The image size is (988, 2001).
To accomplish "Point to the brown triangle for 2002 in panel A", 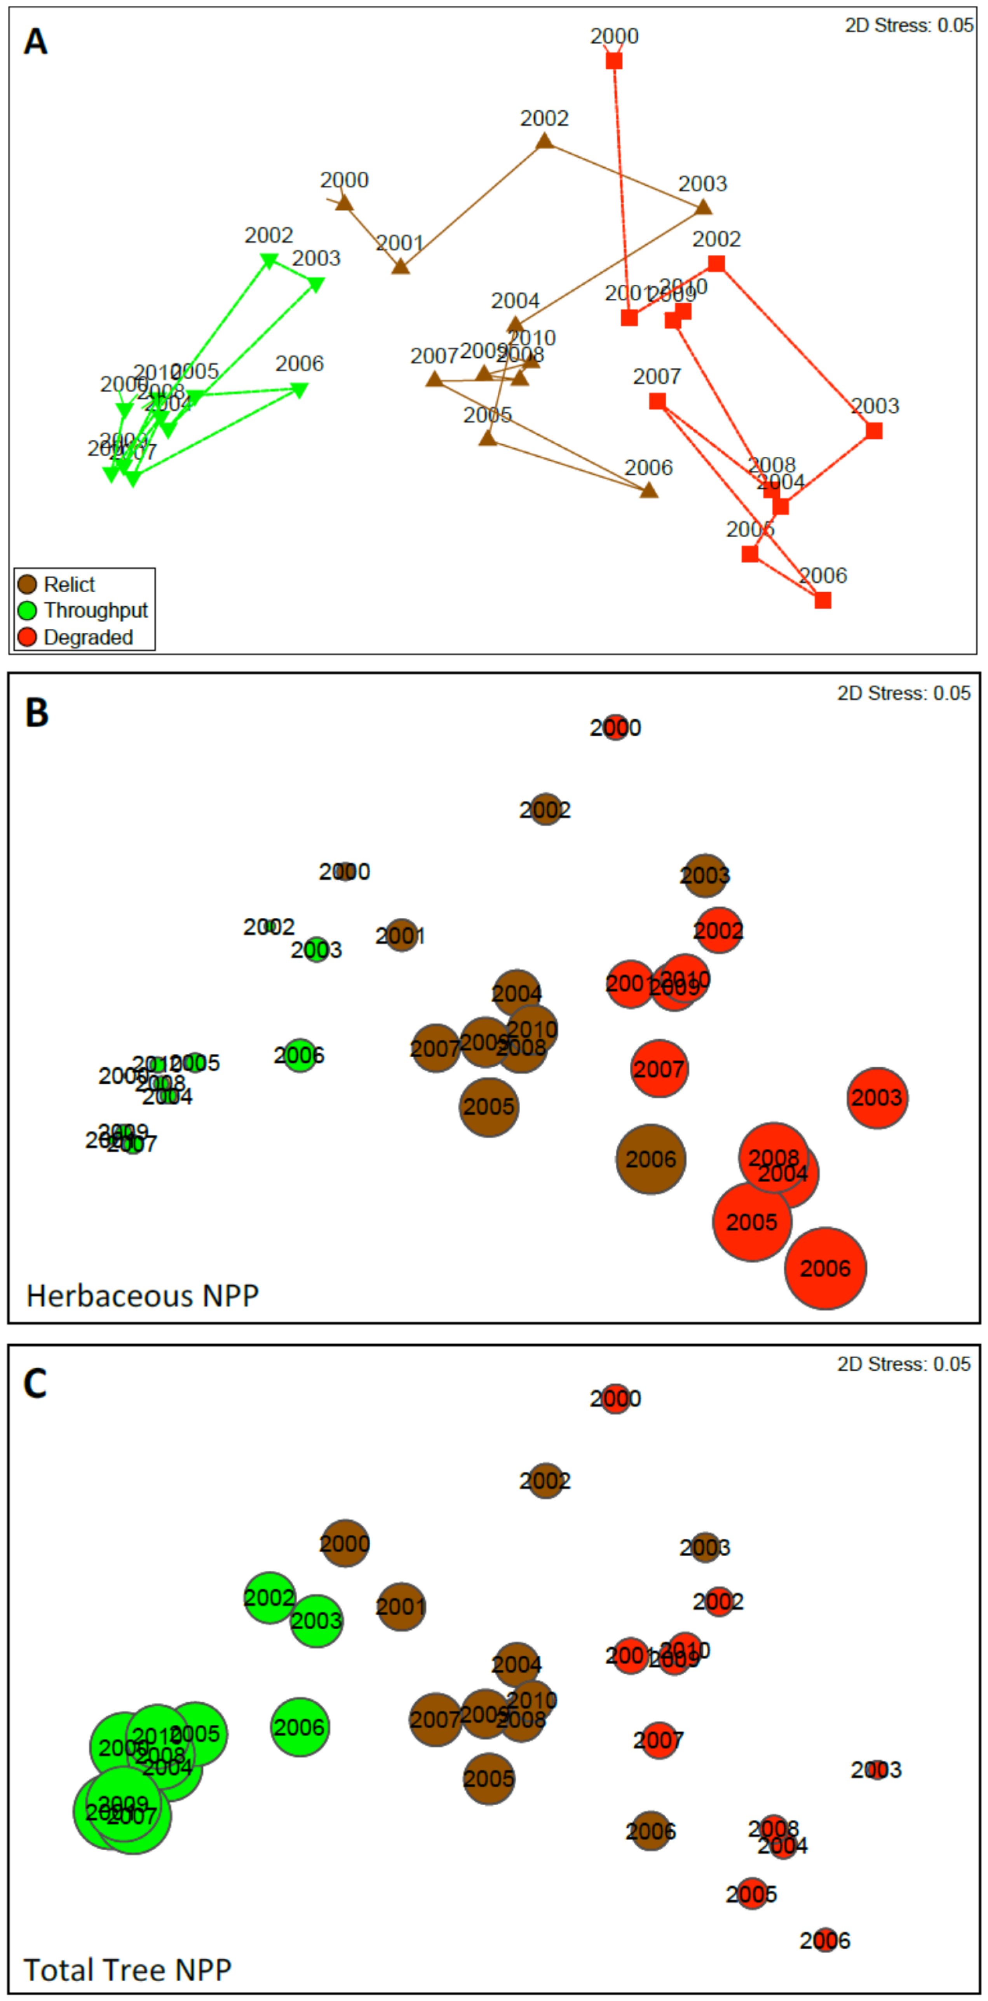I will [544, 141].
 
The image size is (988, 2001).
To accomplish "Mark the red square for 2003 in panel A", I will [874, 430].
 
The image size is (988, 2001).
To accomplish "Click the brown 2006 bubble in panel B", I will [651, 1159].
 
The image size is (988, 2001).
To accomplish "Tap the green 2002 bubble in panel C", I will [270, 1598].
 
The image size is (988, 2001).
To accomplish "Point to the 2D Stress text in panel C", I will [903, 1364].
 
